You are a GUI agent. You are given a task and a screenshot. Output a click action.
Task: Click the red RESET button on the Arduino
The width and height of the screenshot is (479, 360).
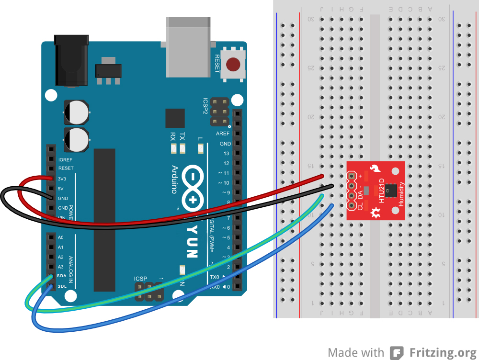pyautogui.click(x=233, y=64)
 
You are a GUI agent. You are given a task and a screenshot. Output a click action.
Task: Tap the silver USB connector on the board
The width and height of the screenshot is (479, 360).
pyautogui.click(x=188, y=47)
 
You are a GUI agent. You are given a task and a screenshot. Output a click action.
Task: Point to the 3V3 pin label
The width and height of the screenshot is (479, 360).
pyautogui.click(x=62, y=179)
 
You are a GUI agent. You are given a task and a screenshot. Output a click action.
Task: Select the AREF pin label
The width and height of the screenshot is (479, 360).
pyautogui.click(x=223, y=134)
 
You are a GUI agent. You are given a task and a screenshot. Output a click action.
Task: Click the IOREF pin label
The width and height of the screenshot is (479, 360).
pyautogui.click(x=65, y=159)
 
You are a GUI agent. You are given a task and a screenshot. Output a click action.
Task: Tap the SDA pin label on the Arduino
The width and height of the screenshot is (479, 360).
pyautogui.click(x=62, y=276)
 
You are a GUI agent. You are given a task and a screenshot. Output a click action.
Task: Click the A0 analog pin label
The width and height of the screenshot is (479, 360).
pyautogui.click(x=60, y=237)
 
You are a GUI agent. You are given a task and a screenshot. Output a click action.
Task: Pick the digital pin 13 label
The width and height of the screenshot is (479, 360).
pyautogui.click(x=227, y=154)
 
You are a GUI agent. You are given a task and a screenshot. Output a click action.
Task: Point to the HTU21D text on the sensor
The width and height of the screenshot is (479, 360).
pyautogui.click(x=381, y=191)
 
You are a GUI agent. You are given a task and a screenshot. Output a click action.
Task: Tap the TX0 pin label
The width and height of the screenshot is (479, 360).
pyautogui.click(x=215, y=277)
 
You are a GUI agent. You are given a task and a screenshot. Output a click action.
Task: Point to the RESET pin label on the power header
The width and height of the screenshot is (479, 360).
pyautogui.click(x=66, y=169)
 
